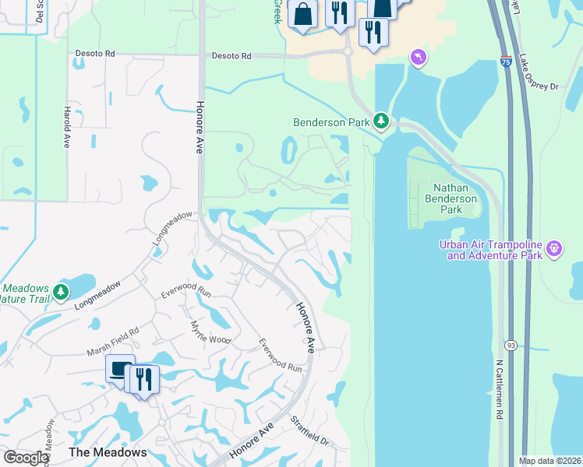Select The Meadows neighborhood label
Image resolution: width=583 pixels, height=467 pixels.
pos(108,452)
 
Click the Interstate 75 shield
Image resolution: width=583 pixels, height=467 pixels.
pos(507,60)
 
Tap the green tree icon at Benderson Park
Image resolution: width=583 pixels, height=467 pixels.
pos(380,121)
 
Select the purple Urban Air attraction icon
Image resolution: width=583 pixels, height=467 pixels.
pos(554,249)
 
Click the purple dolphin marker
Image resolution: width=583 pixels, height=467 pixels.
pos(419,58)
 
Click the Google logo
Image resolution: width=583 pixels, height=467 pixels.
pos(25,458)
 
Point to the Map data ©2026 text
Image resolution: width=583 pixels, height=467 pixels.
pos(549,461)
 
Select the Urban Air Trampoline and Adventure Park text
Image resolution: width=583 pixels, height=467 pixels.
pos(490,249)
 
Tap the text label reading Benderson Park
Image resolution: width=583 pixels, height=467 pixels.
pos(330,122)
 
